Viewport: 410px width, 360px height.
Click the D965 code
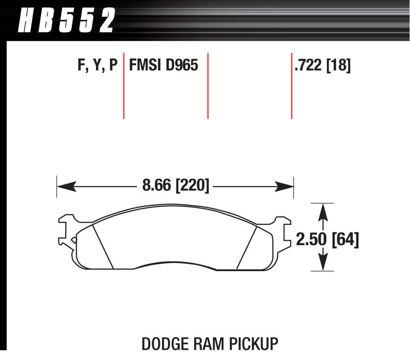coord(181,66)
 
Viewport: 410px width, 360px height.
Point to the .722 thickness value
coord(309,66)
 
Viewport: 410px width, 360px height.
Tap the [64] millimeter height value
coord(345,239)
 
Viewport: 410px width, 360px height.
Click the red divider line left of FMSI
coord(124,84)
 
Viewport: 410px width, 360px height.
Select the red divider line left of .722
coord(292,84)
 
